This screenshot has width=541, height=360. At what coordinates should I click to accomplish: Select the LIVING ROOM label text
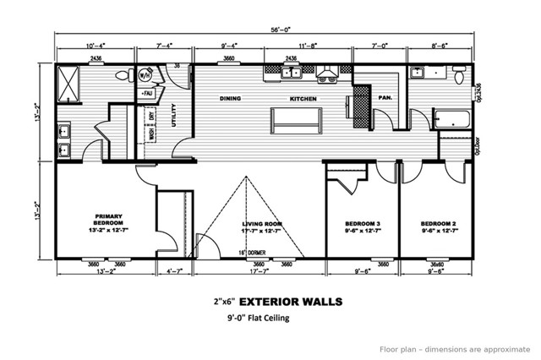coord(262,225)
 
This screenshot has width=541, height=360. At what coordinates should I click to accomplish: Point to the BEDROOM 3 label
coord(361,225)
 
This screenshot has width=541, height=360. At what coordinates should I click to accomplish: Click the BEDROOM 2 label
coord(439,225)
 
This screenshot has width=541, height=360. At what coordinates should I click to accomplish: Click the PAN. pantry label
coord(385,98)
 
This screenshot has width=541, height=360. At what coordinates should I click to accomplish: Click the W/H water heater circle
coord(146,75)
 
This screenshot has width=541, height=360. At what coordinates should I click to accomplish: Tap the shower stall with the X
coord(70,85)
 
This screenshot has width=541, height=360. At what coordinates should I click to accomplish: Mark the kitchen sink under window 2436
coord(292,74)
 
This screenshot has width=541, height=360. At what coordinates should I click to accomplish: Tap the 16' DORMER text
coord(251,251)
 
